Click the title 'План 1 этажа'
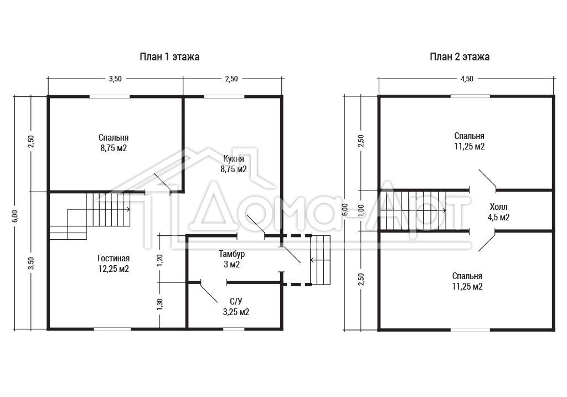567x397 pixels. tap(169, 57)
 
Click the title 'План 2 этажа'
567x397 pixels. tap(460, 57)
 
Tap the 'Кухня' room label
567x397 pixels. tap(234, 159)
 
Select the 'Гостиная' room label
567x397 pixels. tap(114, 259)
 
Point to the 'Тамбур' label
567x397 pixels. tap(232, 254)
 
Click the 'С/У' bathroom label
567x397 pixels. tap(236, 301)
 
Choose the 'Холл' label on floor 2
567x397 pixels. tap(499, 207)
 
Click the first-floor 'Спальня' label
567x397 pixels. tap(114, 138)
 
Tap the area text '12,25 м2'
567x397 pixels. tap(114, 269)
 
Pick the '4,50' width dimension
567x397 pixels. tap(467, 79)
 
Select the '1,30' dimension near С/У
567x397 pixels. tap(160, 304)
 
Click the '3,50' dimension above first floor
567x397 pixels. tap(115, 79)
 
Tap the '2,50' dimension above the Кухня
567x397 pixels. tap(231, 79)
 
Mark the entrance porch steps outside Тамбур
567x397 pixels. tap(321, 260)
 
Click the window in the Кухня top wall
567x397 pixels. tap(224, 96)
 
